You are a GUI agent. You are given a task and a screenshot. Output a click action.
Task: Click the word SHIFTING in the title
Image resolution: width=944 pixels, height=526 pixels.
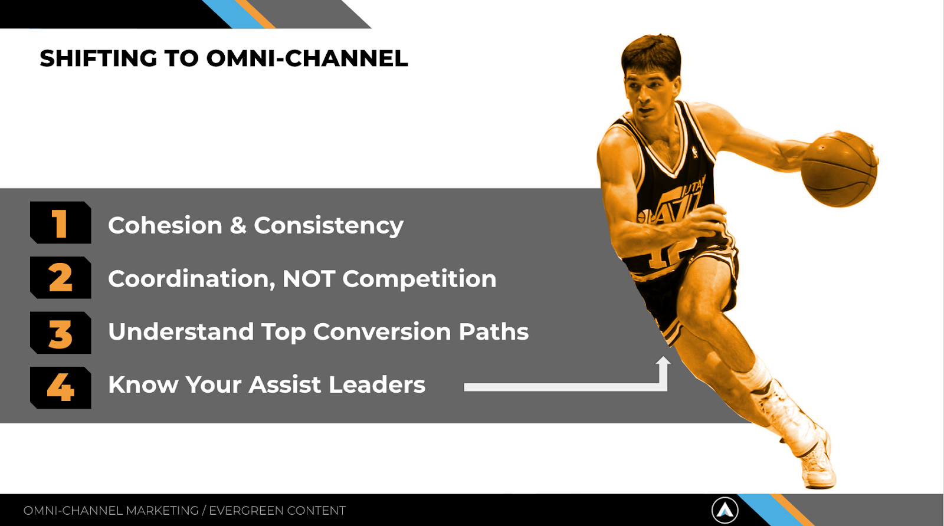(x=98, y=58)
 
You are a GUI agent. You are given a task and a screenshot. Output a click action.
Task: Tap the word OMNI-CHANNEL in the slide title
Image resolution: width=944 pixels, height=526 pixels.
(x=307, y=58)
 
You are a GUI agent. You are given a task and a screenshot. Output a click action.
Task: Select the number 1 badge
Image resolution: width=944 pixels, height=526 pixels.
(x=61, y=222)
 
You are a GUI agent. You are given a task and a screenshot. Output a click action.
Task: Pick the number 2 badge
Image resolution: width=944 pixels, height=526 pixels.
(x=61, y=278)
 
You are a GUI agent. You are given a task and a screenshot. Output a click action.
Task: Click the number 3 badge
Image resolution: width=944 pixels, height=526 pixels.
(x=61, y=333)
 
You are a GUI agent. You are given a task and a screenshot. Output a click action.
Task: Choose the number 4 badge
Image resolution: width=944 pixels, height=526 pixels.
(x=61, y=388)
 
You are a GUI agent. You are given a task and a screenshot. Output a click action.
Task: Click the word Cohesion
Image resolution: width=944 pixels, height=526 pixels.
(x=165, y=225)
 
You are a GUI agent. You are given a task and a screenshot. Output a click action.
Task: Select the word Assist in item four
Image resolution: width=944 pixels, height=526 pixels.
(x=285, y=384)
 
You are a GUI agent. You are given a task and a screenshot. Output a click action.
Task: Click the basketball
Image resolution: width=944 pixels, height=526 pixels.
(x=838, y=169)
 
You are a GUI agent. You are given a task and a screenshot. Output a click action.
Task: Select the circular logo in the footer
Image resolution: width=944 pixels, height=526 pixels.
(x=725, y=510)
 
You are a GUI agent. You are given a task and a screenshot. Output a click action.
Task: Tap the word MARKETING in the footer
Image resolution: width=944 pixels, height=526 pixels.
(x=162, y=511)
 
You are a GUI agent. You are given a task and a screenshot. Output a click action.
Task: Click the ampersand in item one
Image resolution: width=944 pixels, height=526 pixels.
(x=238, y=225)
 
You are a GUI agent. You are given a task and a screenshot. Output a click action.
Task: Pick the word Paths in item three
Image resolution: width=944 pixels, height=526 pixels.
(x=493, y=331)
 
